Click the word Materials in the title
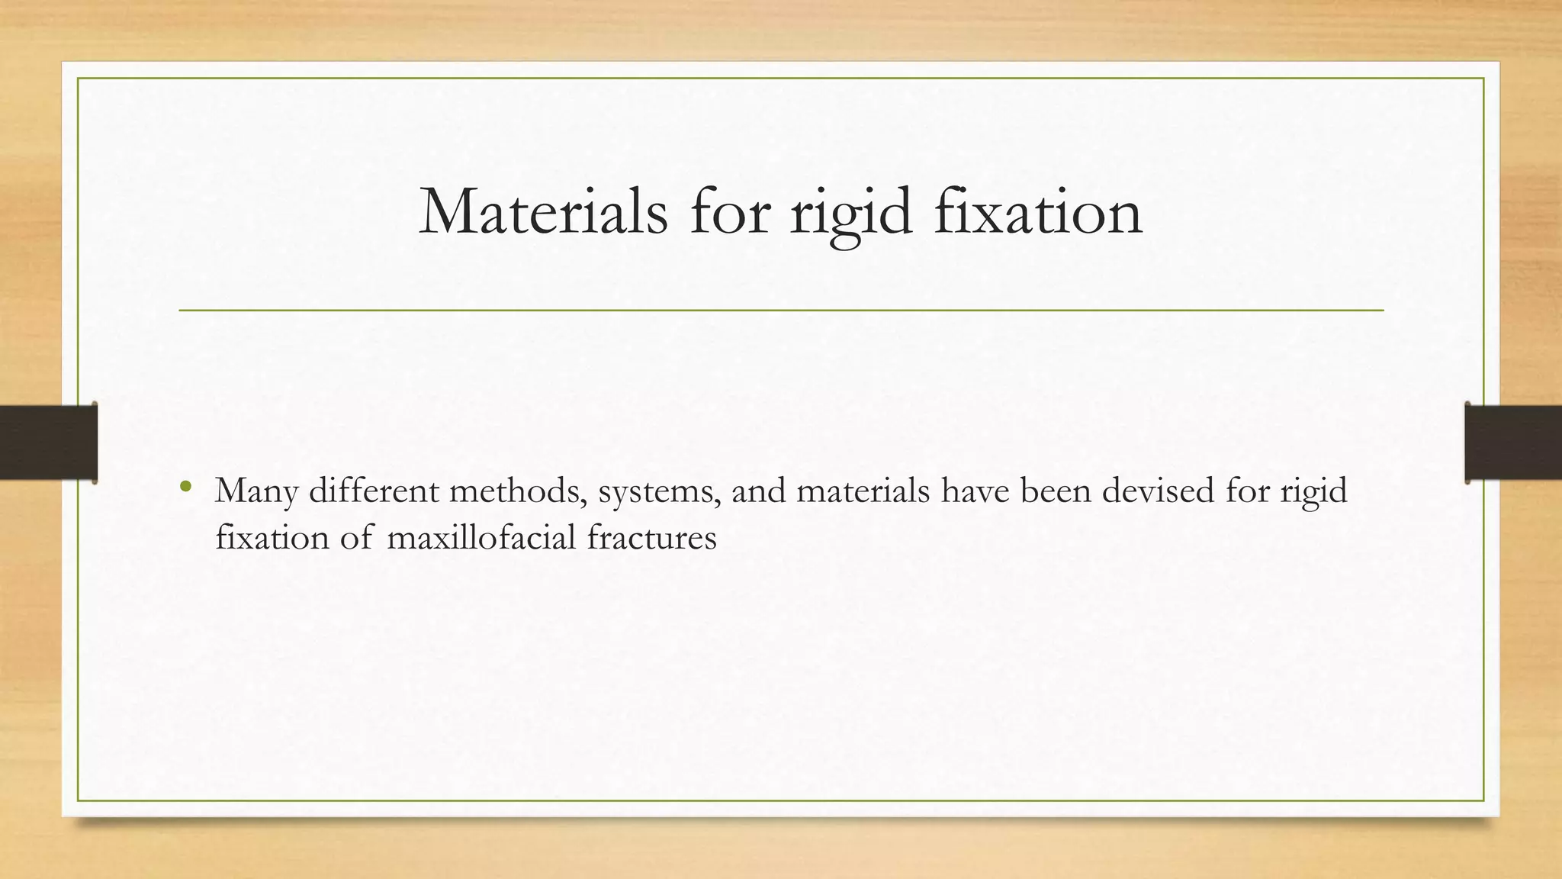click(x=543, y=212)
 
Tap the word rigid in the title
click(x=850, y=214)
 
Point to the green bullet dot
click(x=185, y=486)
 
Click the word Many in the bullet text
click(x=256, y=492)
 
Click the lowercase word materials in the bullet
click(x=863, y=491)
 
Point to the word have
click(x=975, y=491)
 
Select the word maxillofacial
click(x=481, y=538)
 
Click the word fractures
click(x=652, y=538)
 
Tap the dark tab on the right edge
click(x=1513, y=443)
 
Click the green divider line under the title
click(x=781, y=311)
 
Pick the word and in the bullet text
click(x=759, y=491)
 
